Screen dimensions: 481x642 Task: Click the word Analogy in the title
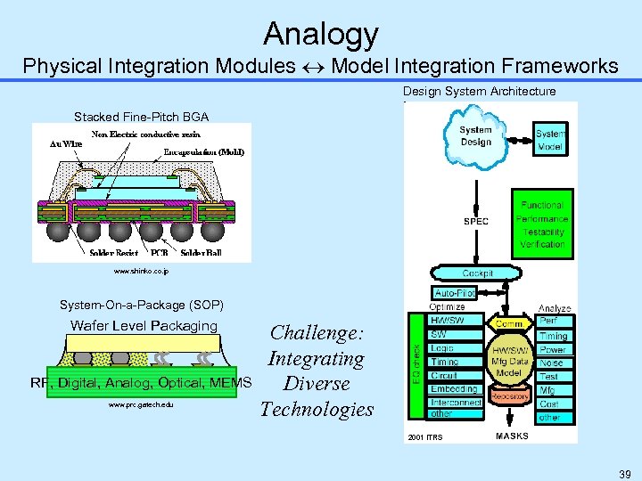click(321, 35)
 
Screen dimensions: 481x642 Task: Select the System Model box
click(550, 140)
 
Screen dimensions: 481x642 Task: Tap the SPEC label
click(475, 222)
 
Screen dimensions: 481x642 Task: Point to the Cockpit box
click(477, 273)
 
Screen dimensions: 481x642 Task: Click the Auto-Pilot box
click(455, 292)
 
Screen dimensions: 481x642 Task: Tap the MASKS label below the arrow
click(512, 436)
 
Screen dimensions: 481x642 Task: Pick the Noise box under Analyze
click(552, 363)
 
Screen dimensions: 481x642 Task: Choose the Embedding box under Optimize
click(454, 388)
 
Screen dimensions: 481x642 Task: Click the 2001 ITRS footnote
click(424, 437)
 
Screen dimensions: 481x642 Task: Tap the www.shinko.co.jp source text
click(141, 271)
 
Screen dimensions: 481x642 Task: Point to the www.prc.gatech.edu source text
click(141, 405)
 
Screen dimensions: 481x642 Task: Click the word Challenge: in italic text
click(317, 333)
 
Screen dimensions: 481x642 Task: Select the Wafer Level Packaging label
click(144, 326)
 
